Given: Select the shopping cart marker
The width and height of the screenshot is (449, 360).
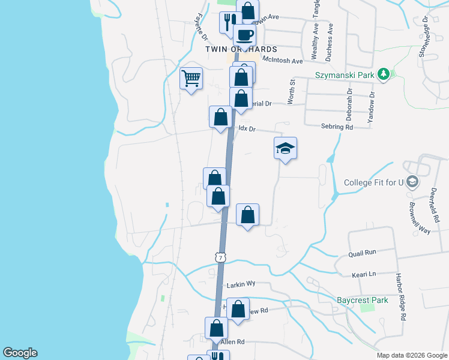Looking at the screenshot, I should coord(191,78).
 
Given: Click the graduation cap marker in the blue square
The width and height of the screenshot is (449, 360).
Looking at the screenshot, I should coord(286,148).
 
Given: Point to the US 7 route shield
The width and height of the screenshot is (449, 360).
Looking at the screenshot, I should coord(220,257).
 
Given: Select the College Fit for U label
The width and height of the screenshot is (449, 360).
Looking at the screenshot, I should coord(373,182).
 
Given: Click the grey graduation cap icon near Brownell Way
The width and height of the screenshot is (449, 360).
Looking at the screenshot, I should coord(412,182).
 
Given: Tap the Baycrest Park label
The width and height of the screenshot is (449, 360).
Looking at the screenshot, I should coord(362,300).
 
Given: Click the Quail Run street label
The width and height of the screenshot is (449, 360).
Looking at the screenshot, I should coord(362,254).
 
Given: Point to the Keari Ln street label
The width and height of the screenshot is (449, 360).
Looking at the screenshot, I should coord(364,274).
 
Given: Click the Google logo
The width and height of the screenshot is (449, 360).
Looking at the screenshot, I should coord(20,353).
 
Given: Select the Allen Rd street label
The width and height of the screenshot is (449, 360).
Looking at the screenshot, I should coord(233,342).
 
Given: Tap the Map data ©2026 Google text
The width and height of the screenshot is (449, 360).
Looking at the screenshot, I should coord(411,355).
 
